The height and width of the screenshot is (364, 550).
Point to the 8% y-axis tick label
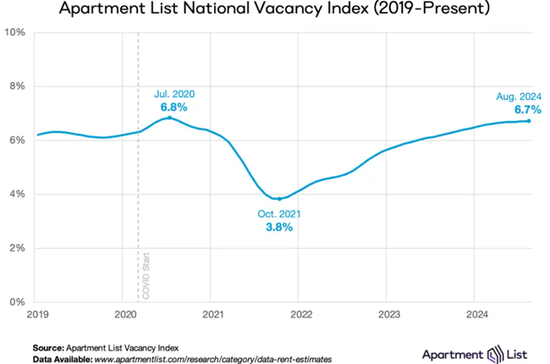pyautogui.click(x=16, y=86)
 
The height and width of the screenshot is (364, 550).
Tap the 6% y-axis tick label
pyautogui.click(x=16, y=141)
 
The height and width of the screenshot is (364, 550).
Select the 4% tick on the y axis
pyautogui.click(x=16, y=195)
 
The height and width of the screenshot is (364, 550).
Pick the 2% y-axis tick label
pyautogui.click(x=16, y=249)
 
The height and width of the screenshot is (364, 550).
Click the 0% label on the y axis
pyautogui.click(x=16, y=302)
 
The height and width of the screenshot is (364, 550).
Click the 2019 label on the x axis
pyautogui.click(x=36, y=315)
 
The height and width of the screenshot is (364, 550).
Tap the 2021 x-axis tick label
pyautogui.click(x=212, y=315)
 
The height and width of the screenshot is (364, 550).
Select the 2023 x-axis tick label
pyautogui.click(x=387, y=315)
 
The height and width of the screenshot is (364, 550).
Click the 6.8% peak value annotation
pyautogui.click(x=173, y=108)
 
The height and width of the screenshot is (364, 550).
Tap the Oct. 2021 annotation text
pyautogui.click(x=278, y=215)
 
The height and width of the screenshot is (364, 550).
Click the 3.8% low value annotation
pyautogui.click(x=278, y=229)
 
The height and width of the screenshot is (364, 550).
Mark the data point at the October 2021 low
pyautogui.click(x=278, y=199)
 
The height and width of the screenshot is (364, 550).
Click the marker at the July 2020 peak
pyautogui.click(x=169, y=118)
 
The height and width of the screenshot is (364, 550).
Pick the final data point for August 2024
pyautogui.click(x=529, y=121)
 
